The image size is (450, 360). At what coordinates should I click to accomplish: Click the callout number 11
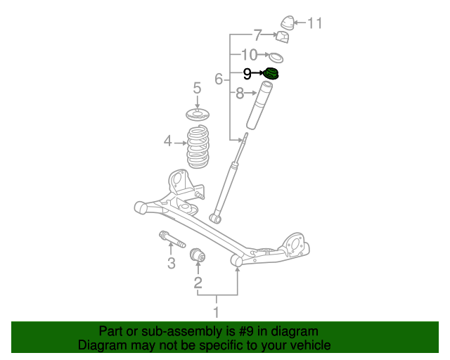[314, 23]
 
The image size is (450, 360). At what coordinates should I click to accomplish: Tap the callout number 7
[257, 34]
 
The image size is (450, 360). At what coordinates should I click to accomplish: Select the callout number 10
[250, 54]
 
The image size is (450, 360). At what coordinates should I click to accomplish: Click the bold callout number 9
[247, 73]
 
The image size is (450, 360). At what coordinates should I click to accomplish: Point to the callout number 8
[240, 92]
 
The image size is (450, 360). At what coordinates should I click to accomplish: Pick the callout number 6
[219, 79]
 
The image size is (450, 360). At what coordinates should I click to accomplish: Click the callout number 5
[197, 88]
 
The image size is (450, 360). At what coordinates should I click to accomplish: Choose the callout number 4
[167, 142]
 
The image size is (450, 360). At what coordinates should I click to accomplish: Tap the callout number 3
[171, 264]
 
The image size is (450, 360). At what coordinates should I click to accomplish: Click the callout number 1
[217, 312]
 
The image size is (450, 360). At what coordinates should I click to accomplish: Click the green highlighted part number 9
[271, 73]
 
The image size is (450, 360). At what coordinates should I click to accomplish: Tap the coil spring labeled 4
[197, 147]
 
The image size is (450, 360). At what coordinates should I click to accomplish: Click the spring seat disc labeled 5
[198, 115]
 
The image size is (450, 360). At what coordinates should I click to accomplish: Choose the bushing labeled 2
[199, 255]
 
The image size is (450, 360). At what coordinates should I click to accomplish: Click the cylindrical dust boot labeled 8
[258, 105]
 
